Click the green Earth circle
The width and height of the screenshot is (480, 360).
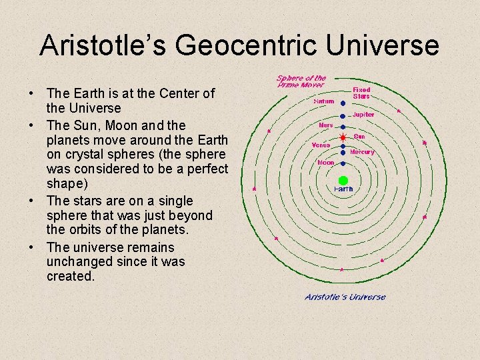click(x=343, y=180)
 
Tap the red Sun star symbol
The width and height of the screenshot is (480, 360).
click(x=343, y=138)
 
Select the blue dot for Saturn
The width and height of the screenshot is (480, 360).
click(x=343, y=103)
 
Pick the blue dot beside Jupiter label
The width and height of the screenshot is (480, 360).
click(x=343, y=115)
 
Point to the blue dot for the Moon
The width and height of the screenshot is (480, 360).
click(x=343, y=163)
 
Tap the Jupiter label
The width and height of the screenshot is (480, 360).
click(x=363, y=115)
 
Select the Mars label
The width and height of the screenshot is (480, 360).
click(x=325, y=125)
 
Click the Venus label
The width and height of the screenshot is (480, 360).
click(x=321, y=145)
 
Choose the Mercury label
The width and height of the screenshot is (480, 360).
click(x=362, y=152)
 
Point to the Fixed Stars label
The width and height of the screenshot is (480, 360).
click(x=361, y=93)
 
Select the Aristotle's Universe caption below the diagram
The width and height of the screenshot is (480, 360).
click(x=345, y=297)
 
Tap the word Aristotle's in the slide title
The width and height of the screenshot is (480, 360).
click(x=102, y=46)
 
